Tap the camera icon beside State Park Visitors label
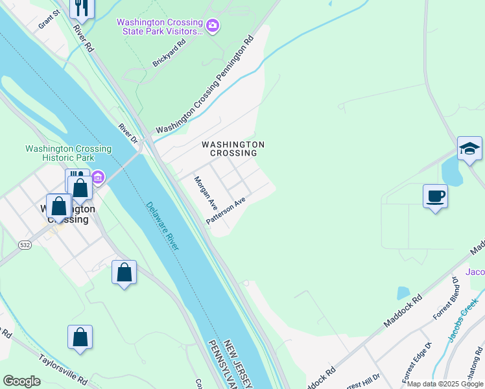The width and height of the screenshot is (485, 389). pos(213,27)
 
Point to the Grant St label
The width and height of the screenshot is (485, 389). pos(49,19)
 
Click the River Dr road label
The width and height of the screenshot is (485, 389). pos(128,134)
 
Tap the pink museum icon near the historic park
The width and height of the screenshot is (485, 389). pos(98,176)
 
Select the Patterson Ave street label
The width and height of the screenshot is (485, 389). pos(226,211)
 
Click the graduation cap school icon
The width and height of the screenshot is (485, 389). pos(469,149)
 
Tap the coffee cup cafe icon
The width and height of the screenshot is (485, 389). pos(435,196)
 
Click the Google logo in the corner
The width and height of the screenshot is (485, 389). pos(22,381)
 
